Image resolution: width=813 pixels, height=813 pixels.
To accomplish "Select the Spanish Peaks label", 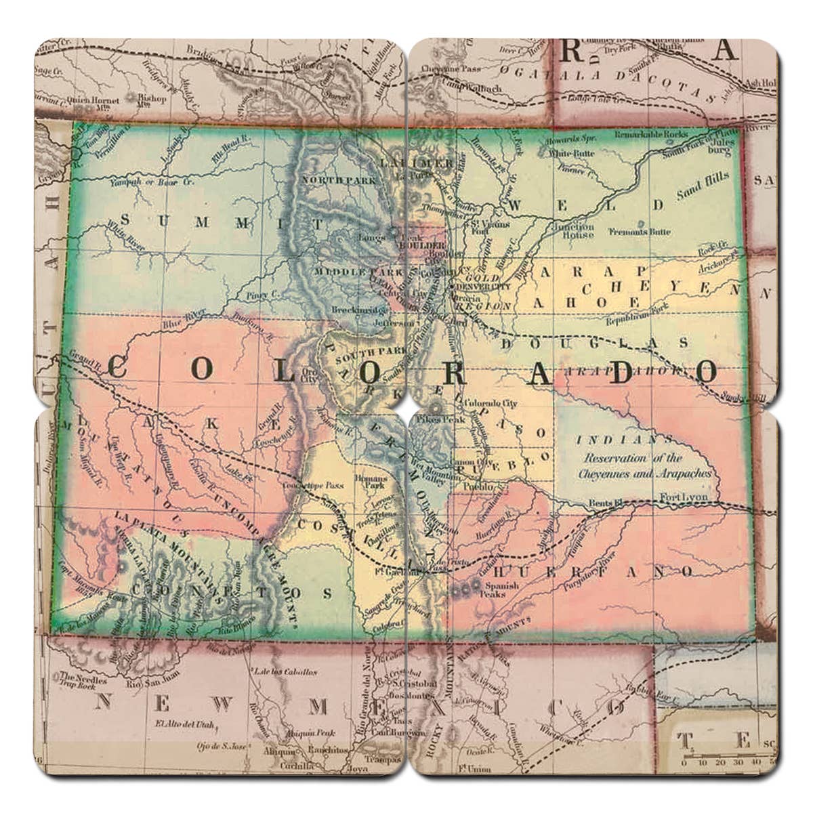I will tap(502, 589).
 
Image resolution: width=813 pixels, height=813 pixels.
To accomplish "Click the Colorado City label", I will tap(490, 404).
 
